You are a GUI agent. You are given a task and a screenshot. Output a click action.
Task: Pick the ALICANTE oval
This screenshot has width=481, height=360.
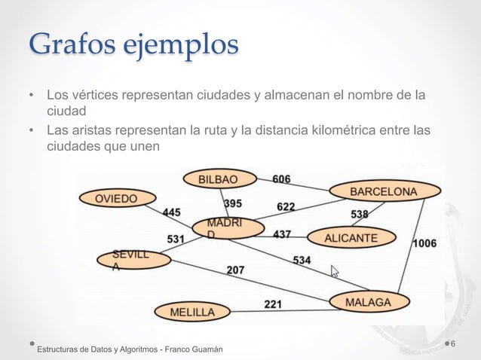pyautogui.click(x=351, y=238)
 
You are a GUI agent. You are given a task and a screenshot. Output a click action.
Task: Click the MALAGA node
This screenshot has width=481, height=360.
pyautogui.click(x=368, y=303)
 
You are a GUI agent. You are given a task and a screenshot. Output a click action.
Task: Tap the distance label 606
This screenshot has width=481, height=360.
pyautogui.click(x=281, y=178)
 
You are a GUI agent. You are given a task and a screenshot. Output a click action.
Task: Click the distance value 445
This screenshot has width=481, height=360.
pyautogui.click(x=172, y=212)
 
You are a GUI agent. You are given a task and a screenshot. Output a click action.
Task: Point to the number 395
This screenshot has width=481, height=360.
pyautogui.click(x=233, y=203)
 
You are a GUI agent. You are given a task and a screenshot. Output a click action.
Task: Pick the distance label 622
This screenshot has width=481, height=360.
pyautogui.click(x=286, y=206)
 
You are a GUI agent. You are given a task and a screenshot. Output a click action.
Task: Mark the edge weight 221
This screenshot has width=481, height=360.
pyautogui.click(x=273, y=304)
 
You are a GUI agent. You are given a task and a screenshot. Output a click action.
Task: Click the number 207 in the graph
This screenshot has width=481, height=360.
pyautogui.click(x=234, y=269)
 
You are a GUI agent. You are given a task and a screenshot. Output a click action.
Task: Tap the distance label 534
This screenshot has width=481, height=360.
pyautogui.click(x=302, y=260)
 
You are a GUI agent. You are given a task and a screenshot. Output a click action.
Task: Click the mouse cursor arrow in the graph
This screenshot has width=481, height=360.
pyautogui.click(x=335, y=270)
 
